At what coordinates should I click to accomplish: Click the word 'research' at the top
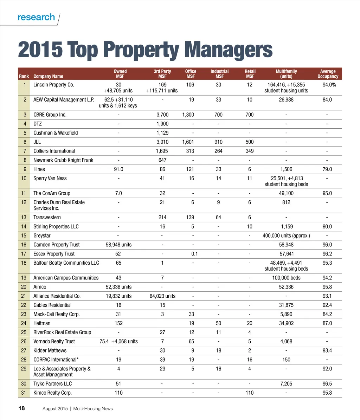pos(36,17)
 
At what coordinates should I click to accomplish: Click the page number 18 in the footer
pos(21,408)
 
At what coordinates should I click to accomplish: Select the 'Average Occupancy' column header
pos(328,74)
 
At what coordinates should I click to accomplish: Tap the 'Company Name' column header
pos(48,76)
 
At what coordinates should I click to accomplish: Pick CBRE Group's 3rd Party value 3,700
pos(162,115)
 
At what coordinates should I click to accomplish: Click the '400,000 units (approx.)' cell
pos(286,235)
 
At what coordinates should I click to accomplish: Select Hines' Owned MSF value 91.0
pos(118,169)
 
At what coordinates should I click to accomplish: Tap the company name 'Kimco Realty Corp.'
pos(52,393)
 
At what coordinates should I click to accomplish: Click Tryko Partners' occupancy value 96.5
pos(327,383)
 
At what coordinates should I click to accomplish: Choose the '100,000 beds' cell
pos(286,278)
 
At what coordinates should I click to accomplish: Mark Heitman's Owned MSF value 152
pos(118,323)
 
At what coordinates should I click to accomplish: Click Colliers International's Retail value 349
pos(250,151)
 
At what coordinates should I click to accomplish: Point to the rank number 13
pos(24,218)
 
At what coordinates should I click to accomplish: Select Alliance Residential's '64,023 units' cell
pos(162,296)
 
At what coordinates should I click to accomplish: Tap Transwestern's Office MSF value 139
pos(191,218)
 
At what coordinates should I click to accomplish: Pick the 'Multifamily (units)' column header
pos(286,74)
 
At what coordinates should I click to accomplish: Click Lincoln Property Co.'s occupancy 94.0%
pos(329,85)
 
